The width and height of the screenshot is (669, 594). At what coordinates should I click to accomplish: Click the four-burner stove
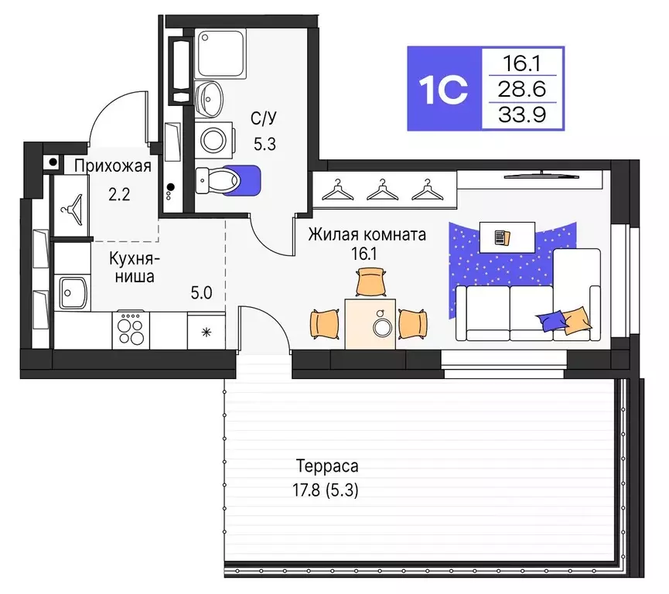pos(131,330)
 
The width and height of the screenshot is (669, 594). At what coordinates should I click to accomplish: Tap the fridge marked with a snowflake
pos(206,332)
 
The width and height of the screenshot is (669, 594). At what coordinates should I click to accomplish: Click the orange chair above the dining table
pos(371,282)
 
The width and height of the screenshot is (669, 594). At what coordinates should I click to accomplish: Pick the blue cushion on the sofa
pos(554,320)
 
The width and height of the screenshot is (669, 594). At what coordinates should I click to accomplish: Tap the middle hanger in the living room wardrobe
pos(380,189)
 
